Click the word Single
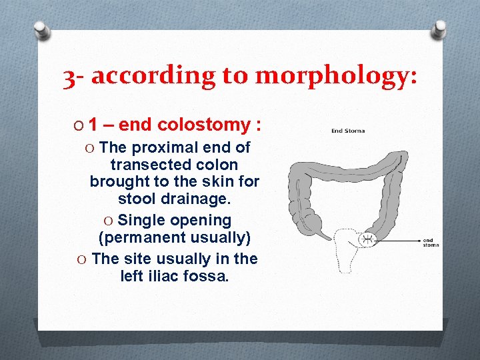click(x=140, y=220)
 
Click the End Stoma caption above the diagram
click(x=347, y=131)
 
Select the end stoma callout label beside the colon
click(x=431, y=242)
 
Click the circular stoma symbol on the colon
click(x=367, y=239)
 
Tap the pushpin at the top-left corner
click(x=42, y=30)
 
